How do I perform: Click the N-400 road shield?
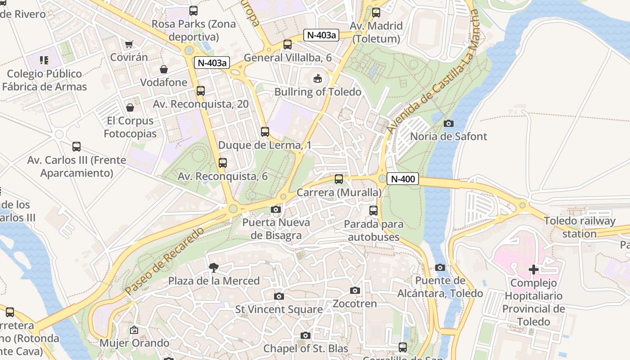403,179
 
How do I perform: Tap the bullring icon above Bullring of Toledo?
318,79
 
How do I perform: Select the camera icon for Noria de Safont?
449,123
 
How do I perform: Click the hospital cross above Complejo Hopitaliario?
534,270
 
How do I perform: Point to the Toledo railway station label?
579,227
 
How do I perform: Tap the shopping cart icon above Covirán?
129,44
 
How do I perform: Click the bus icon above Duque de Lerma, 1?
265,132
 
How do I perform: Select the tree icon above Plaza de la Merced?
214,268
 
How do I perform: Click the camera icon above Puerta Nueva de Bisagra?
276,209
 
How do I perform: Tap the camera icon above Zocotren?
355,291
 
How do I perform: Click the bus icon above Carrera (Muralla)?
339,179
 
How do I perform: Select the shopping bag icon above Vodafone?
164,69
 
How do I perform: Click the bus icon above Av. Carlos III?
76,147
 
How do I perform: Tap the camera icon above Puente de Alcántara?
440,268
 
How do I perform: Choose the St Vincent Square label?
279,310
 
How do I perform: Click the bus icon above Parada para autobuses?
373,210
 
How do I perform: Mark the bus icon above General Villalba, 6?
288,45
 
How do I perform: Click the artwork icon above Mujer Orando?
134,330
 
